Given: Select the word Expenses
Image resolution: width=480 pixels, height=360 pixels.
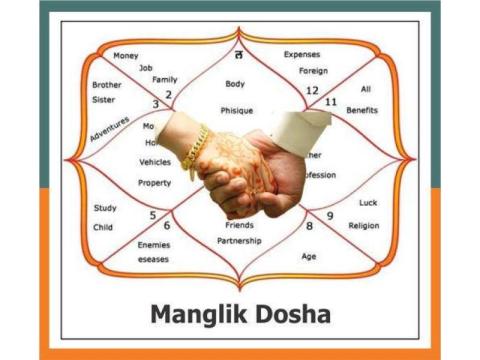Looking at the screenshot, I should coord(302,54).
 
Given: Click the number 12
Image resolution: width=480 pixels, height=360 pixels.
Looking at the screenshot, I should coord(312,91).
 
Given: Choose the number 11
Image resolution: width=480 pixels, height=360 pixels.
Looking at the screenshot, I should coord(331,101).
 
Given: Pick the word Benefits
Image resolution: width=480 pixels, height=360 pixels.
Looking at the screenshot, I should coord(362,110).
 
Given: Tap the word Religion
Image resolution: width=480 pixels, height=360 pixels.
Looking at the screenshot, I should coord(364,225).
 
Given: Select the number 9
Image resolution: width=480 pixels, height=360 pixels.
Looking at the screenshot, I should coord(330,214).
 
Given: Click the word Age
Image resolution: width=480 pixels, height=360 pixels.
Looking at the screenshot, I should coord(309,256).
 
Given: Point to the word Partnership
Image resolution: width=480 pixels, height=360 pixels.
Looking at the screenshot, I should coord(239,241).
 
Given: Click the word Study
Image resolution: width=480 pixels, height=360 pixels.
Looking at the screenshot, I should coord(104,208).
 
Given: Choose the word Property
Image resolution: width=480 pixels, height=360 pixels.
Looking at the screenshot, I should coord(154,183).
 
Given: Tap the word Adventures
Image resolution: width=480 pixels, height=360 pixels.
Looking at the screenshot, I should coord(109,129).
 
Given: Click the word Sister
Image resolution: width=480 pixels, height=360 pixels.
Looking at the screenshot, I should coord(106,101).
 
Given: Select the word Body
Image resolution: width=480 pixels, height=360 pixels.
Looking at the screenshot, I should coord(235,84).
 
